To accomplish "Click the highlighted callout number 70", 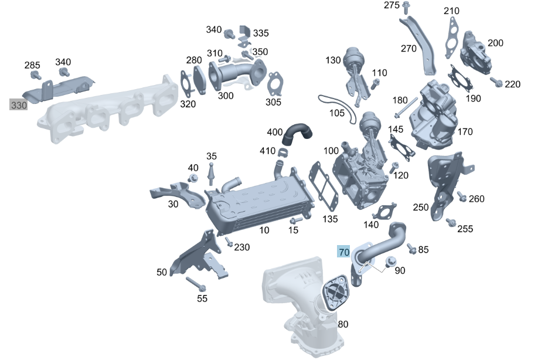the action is pyautogui.click(x=344, y=252).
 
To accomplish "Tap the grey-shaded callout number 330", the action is pyautogui.click(x=19, y=105).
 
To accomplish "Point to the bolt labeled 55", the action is pyautogui.click(x=196, y=284).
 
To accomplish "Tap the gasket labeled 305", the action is pyautogui.click(x=275, y=84).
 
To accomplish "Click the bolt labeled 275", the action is pyautogui.click(x=406, y=8).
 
